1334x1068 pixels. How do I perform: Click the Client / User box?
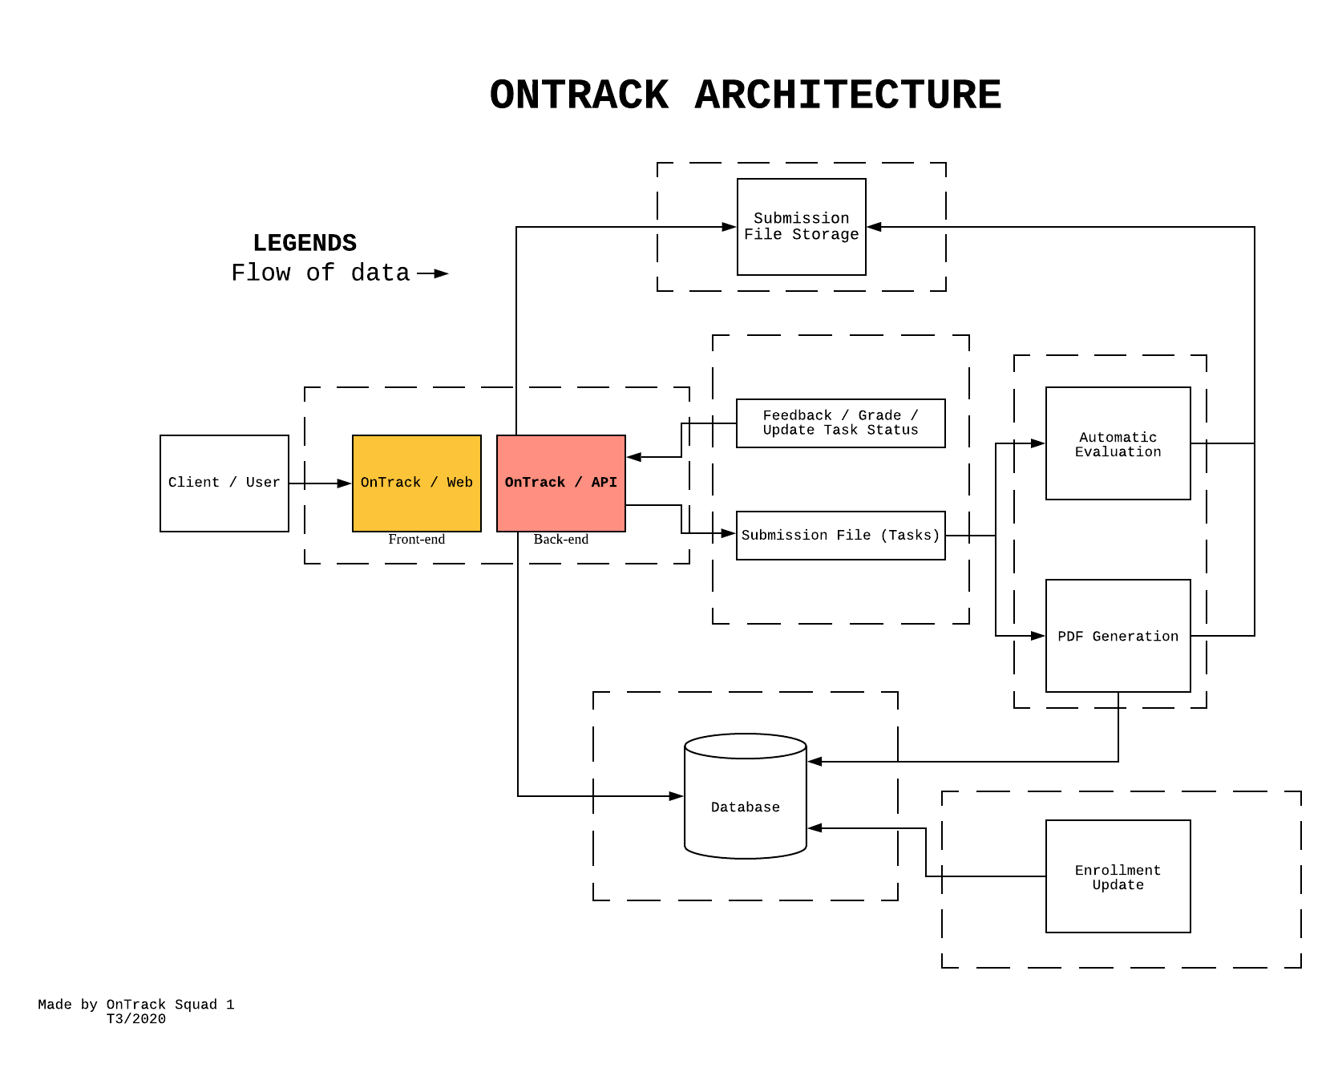point(224,483)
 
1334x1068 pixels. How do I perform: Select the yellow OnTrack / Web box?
point(416,483)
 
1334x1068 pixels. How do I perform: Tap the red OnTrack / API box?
point(560,483)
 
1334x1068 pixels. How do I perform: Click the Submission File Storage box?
point(801,226)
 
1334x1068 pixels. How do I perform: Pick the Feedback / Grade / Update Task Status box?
point(840,423)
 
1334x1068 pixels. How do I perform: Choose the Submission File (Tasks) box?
point(840,535)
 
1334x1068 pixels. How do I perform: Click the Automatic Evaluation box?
point(1118,443)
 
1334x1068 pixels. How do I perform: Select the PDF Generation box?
point(1118,636)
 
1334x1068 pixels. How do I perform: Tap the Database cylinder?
point(745,806)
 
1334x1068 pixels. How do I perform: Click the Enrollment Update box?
point(1118,876)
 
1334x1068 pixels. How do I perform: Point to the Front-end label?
point(416,540)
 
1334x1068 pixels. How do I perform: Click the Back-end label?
point(560,540)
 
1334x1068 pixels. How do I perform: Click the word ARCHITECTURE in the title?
point(847,95)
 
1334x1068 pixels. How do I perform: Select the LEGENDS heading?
point(305,243)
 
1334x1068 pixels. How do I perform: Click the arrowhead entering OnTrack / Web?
point(345,483)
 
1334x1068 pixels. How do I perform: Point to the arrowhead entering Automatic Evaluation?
point(1038,443)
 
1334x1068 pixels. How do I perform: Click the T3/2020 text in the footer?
point(135,1019)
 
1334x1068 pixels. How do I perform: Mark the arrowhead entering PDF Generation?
point(1038,636)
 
